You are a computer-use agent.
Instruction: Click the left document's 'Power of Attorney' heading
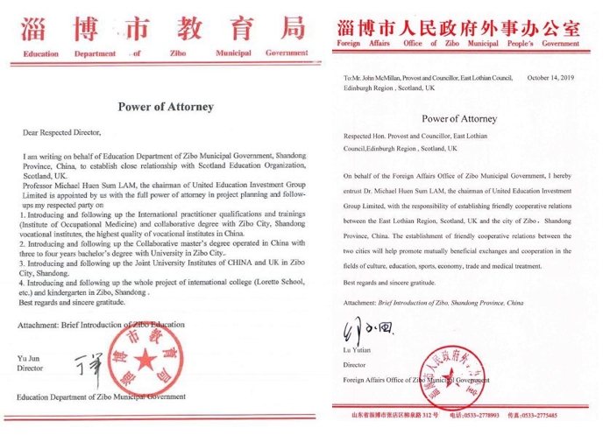point(166,108)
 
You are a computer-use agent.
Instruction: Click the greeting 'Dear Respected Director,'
point(62,133)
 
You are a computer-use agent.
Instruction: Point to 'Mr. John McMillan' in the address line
point(381,78)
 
